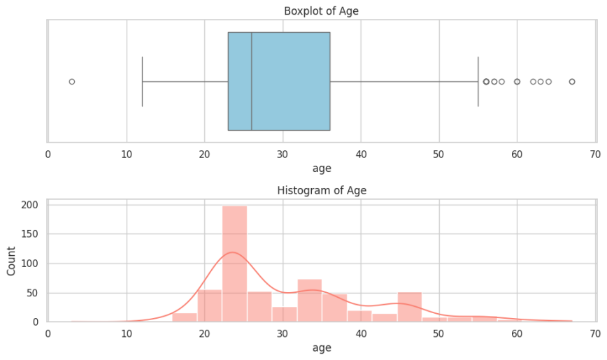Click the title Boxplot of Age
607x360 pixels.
tap(321, 11)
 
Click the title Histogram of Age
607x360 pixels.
tap(321, 190)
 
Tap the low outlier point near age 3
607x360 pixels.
tap(71, 82)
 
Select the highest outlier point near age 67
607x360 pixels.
tap(572, 82)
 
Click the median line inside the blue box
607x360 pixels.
tap(252, 81)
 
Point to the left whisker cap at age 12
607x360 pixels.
tap(142, 82)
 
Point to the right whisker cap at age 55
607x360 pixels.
tap(478, 82)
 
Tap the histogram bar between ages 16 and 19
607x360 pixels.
tap(185, 317)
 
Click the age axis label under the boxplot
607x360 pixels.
tap(321, 168)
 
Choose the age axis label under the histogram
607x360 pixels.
tap(321, 347)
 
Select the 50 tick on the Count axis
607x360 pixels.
tap(32, 293)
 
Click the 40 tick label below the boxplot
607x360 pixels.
tap(361, 154)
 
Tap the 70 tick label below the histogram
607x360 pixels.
tap(595, 333)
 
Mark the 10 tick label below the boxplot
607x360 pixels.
tap(126, 154)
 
